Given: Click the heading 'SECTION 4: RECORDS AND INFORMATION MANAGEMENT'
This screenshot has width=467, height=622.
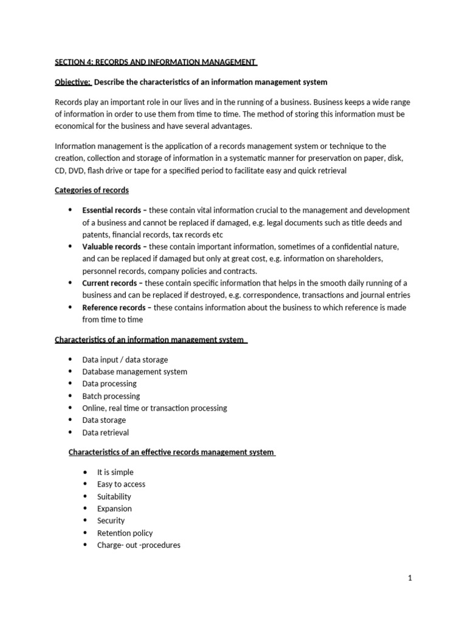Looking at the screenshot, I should click(x=156, y=61).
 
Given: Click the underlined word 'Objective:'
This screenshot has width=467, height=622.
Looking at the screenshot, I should click(x=72, y=82).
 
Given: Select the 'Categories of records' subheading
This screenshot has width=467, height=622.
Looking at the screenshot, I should click(x=91, y=190).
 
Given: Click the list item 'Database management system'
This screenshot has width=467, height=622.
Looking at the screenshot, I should click(x=134, y=372).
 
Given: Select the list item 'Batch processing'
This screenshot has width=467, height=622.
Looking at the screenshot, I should click(x=111, y=396).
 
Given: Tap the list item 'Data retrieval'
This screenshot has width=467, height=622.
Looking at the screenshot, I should click(x=105, y=432).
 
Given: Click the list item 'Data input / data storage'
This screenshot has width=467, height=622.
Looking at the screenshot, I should click(x=125, y=360).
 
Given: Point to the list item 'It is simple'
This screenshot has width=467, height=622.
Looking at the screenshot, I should click(x=115, y=472).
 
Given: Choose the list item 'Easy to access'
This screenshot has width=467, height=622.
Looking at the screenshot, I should click(x=121, y=484).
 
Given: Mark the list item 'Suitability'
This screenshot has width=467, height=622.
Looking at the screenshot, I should click(x=114, y=496).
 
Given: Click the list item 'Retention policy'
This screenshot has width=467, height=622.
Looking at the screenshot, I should click(x=125, y=533).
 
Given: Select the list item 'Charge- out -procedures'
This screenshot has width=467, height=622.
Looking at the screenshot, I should click(x=139, y=545).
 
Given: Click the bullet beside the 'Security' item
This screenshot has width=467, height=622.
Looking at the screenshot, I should click(x=85, y=521).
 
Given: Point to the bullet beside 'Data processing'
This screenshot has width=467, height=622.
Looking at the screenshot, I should click(x=70, y=384).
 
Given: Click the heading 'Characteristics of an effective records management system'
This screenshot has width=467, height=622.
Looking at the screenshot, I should click(x=171, y=452).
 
